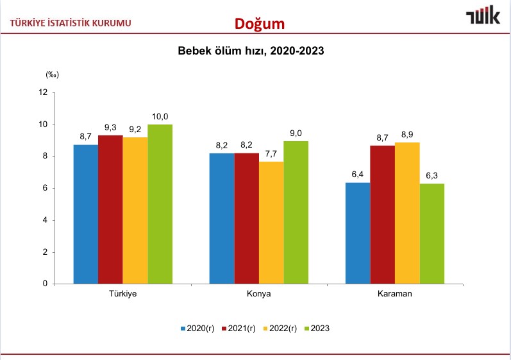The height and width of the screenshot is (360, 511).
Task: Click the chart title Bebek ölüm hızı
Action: pyautogui.click(x=251, y=51)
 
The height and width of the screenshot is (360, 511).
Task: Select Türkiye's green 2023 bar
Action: pyautogui.click(x=160, y=203)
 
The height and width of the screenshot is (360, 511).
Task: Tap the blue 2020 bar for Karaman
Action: pyautogui.click(x=358, y=233)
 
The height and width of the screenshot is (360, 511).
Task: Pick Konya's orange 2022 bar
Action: pyautogui.click(x=272, y=222)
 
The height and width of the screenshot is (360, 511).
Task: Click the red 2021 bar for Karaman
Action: pyautogui.click(x=383, y=214)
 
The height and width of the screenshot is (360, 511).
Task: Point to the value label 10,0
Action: pyautogui.click(x=160, y=116)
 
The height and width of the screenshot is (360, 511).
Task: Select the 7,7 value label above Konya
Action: pyautogui.click(x=272, y=153)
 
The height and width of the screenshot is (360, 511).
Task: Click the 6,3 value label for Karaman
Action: pyautogui.click(x=432, y=176)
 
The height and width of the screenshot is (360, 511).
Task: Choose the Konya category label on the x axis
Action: pyautogui.click(x=259, y=294)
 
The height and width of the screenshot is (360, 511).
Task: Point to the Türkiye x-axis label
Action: pyautogui.click(x=123, y=294)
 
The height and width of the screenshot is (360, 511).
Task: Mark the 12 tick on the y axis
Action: pyautogui.click(x=44, y=92)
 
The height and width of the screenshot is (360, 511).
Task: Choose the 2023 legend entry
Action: pyautogui.click(x=316, y=329)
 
